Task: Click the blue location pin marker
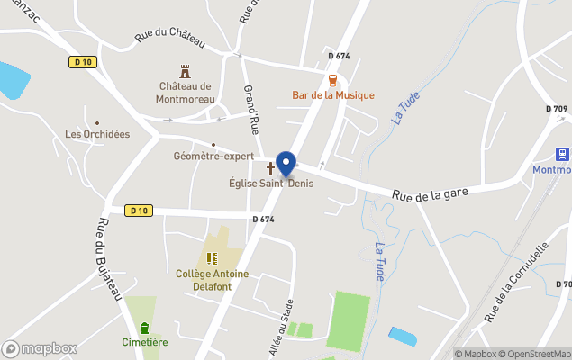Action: [x=286, y=164]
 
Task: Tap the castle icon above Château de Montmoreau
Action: [x=186, y=70]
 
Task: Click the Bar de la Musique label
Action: [x=333, y=95]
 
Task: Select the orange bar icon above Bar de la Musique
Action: [x=333, y=79]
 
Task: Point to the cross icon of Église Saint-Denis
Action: [x=270, y=168]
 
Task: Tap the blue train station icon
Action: [x=563, y=155]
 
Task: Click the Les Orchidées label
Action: [x=97, y=135]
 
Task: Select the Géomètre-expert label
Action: [x=213, y=156]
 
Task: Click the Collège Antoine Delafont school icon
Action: [x=212, y=258]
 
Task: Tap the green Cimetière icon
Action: [x=145, y=327]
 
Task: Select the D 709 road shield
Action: [x=556, y=109]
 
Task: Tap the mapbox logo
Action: [x=40, y=348]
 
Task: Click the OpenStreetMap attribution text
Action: [x=535, y=354]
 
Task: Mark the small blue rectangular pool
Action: [x=403, y=337]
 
